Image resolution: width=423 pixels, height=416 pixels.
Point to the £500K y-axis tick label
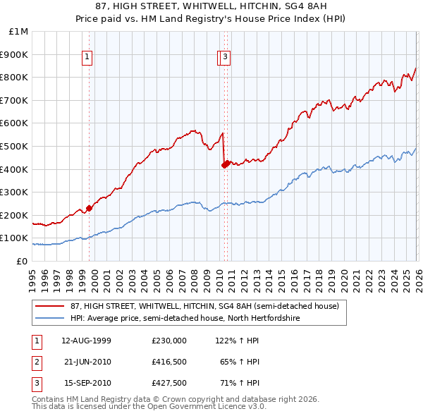(x=16, y=146)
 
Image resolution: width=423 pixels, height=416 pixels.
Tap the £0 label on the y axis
(x=23, y=261)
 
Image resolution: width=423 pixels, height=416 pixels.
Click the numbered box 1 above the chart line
(x=87, y=58)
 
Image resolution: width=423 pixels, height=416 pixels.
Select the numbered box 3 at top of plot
(x=225, y=58)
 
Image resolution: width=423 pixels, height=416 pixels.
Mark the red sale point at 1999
(x=90, y=208)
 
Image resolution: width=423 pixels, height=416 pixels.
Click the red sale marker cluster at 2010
(x=225, y=164)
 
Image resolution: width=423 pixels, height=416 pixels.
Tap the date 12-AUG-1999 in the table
(x=86, y=340)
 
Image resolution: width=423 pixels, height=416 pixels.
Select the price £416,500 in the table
(x=168, y=362)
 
